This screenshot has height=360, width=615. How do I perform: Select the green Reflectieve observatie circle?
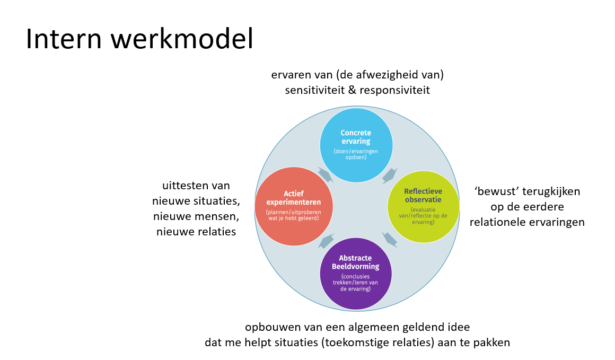[x=423, y=205]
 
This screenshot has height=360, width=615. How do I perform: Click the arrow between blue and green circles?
[x=390, y=174]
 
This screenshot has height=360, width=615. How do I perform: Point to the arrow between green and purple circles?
[x=390, y=239]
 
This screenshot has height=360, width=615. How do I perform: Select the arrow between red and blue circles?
[x=324, y=174]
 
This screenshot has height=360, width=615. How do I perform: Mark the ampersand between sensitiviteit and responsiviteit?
[x=352, y=90]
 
